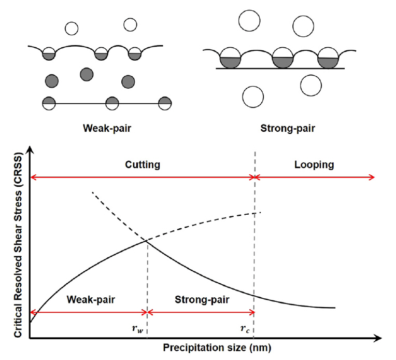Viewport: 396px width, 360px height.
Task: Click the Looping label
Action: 315,165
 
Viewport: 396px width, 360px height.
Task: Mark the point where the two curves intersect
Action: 147,240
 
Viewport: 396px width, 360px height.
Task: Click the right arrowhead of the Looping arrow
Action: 373,177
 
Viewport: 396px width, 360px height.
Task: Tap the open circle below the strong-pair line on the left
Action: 253,95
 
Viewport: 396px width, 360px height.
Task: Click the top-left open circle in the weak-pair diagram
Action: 71,28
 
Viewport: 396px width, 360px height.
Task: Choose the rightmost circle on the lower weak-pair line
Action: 165,103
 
